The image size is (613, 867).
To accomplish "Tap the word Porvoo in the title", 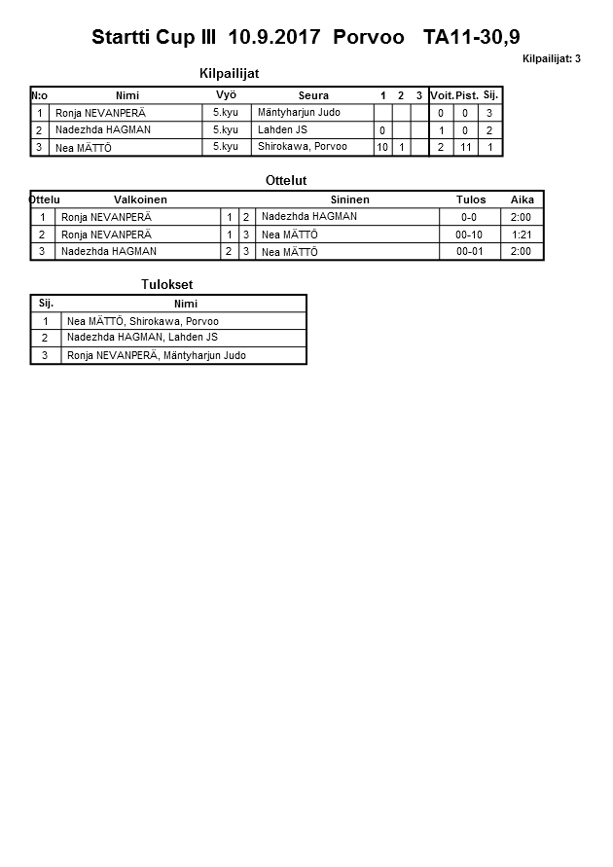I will point(368,38).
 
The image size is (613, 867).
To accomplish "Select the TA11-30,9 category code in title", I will point(471,38).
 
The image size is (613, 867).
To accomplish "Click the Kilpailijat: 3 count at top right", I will point(551,59).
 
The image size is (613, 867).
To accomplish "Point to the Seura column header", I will point(313,95).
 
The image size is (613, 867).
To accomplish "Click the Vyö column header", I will point(226,95).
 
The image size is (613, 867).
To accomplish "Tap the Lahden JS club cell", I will point(282,129).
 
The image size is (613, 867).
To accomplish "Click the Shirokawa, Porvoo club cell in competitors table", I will point(302,147).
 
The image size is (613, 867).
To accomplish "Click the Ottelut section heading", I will point(286,181).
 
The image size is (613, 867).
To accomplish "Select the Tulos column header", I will point(471,199).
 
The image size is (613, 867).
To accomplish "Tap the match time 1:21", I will point(522,235).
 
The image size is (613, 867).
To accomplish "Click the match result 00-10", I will point(469,235).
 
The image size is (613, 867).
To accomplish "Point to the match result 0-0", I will point(469,217).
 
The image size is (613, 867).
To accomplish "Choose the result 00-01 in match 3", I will point(469,252).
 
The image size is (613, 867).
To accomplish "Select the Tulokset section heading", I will point(168,284).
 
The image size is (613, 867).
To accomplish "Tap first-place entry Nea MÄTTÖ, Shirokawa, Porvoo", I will point(142,321).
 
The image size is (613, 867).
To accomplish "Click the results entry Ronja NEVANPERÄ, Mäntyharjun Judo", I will point(156,355).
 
